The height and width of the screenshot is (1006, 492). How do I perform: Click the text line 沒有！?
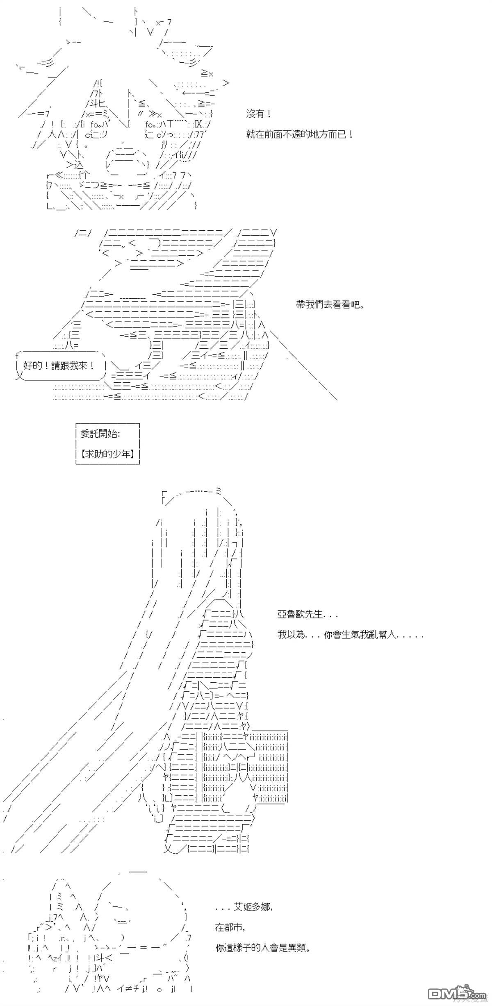point(258,114)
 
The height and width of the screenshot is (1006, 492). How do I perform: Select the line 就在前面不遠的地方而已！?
point(300,134)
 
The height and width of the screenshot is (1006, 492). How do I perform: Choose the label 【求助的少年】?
point(108,454)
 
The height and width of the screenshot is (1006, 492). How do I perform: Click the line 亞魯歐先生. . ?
point(307,615)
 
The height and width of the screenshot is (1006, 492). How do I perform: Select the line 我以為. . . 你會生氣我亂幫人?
point(351,635)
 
